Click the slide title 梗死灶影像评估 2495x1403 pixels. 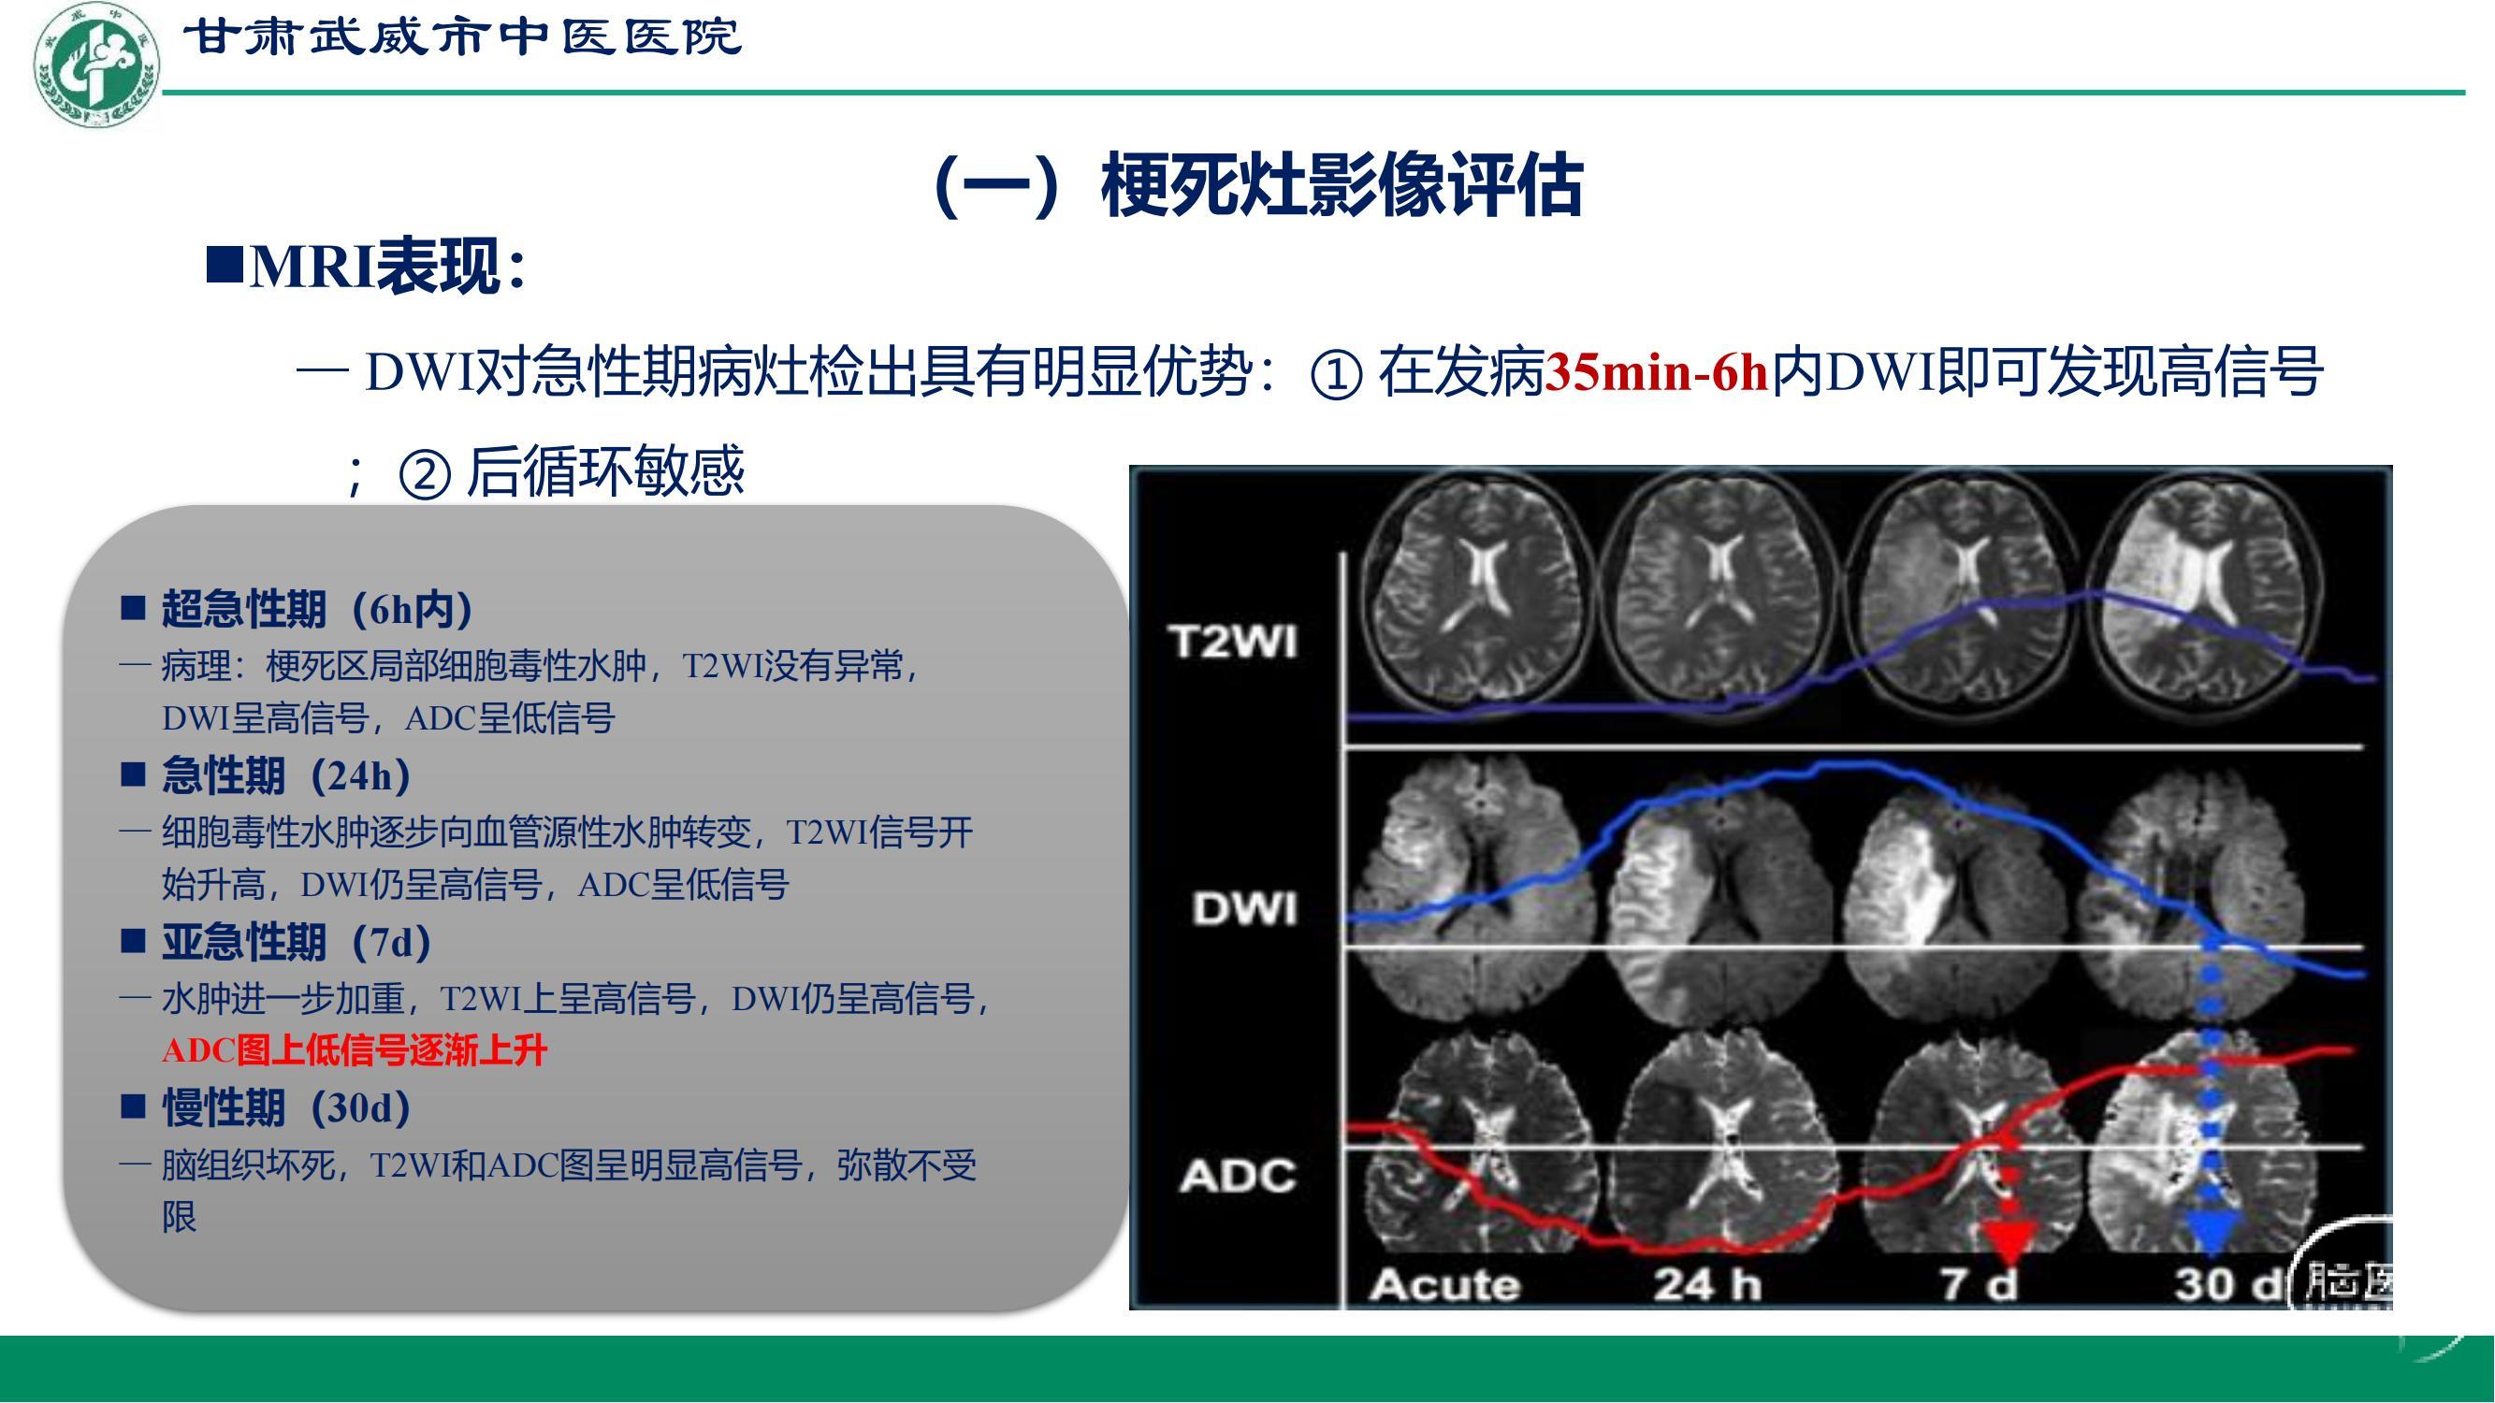[1342, 185]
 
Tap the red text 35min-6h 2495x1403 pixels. [1657, 373]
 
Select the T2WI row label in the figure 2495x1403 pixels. [1232, 641]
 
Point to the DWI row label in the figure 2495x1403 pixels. [1244, 908]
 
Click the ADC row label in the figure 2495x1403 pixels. [1238, 1176]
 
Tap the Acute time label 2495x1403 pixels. [1444, 1284]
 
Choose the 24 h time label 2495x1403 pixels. [1707, 1284]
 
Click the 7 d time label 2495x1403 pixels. [1980, 1284]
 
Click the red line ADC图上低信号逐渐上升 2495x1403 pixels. [355, 1050]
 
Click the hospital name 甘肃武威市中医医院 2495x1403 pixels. [462, 37]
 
